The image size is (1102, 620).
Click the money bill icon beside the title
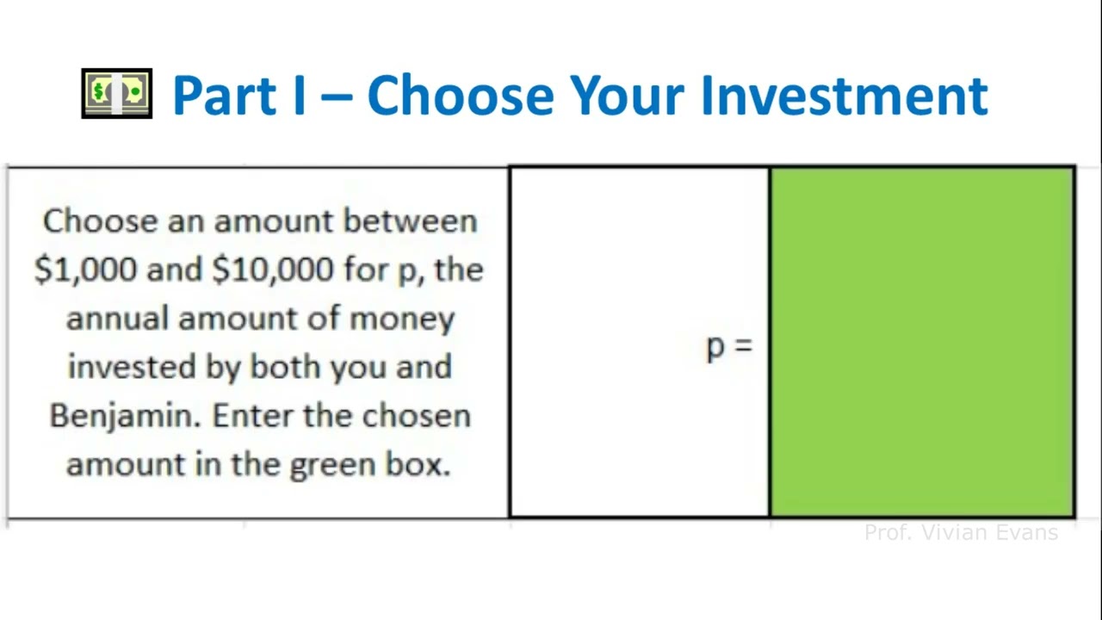(117, 93)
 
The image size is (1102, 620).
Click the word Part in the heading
(229, 95)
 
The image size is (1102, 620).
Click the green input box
(922, 343)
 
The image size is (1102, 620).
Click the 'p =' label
(728, 346)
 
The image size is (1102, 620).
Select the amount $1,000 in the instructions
(85, 270)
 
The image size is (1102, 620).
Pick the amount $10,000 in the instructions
(272, 270)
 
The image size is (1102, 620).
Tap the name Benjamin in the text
(125, 416)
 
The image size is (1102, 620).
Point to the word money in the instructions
(401, 319)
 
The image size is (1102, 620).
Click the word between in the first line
(410, 221)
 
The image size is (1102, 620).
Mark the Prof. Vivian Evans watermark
(961, 533)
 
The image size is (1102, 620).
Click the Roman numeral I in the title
(298, 95)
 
